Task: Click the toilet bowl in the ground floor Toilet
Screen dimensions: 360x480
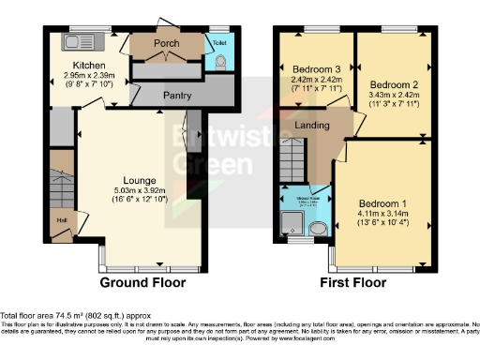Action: tap(220, 61)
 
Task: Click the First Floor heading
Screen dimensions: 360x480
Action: tap(354, 281)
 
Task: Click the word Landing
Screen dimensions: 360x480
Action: tap(311, 125)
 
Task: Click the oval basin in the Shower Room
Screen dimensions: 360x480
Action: tap(318, 228)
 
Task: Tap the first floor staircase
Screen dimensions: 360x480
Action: tap(295, 156)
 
